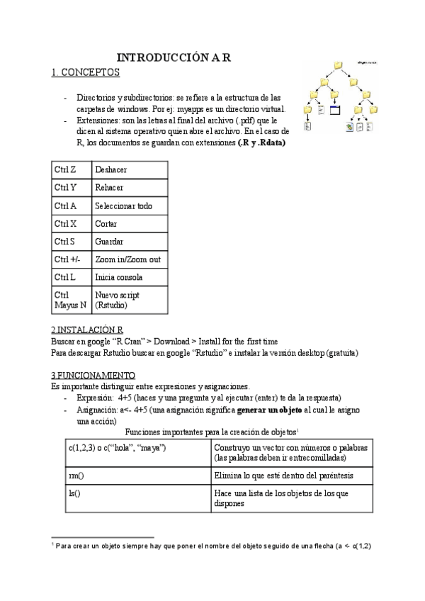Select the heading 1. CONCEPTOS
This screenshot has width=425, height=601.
pos(86,72)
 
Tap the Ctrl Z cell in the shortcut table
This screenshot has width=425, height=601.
pos(64,170)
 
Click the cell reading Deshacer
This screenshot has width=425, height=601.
pos(110,170)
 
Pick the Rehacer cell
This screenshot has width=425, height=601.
pos(109,188)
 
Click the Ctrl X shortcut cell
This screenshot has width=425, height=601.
pos(65,224)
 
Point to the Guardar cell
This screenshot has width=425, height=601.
pos(109,242)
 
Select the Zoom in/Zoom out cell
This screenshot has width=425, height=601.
pos(127,259)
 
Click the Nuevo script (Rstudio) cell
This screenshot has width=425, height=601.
pos(117,299)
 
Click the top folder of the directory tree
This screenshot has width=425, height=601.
pos(339,66)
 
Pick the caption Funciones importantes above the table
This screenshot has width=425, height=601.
pos(211,432)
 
